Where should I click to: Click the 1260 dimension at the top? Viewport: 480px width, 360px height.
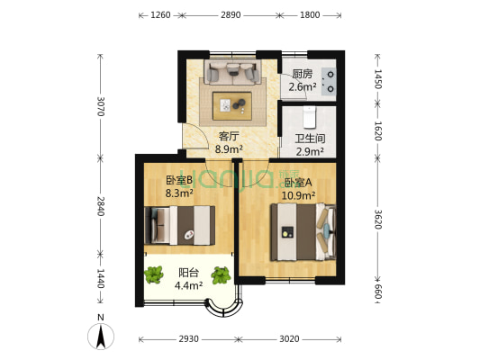(160, 15)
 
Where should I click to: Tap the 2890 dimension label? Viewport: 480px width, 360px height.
(231, 15)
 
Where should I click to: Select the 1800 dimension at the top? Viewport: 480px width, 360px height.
(310, 15)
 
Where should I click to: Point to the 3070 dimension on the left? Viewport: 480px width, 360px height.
(100, 106)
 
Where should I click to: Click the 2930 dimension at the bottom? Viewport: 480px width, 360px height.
(188, 339)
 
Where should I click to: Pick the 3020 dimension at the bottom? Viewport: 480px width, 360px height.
(289, 339)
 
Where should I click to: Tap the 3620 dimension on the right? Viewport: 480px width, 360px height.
(377, 220)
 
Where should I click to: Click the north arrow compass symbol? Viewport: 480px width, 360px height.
(101, 336)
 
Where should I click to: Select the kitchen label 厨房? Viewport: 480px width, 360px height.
(303, 74)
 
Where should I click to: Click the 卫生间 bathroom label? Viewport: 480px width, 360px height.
(310, 139)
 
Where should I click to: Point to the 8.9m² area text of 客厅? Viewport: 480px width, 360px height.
(229, 149)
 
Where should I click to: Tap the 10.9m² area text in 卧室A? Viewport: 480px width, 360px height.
(298, 195)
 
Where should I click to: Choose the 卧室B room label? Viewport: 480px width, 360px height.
(179, 181)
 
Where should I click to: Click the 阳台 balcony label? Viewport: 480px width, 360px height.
(188, 273)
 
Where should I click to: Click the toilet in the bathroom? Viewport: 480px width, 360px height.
(310, 117)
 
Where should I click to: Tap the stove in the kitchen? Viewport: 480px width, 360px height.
(329, 81)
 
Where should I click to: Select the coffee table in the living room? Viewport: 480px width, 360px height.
(232, 106)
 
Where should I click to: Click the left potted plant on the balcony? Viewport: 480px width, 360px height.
(153, 274)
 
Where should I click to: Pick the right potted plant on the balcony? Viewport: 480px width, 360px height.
(221, 275)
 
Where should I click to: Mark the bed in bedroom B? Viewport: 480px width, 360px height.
(180, 225)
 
